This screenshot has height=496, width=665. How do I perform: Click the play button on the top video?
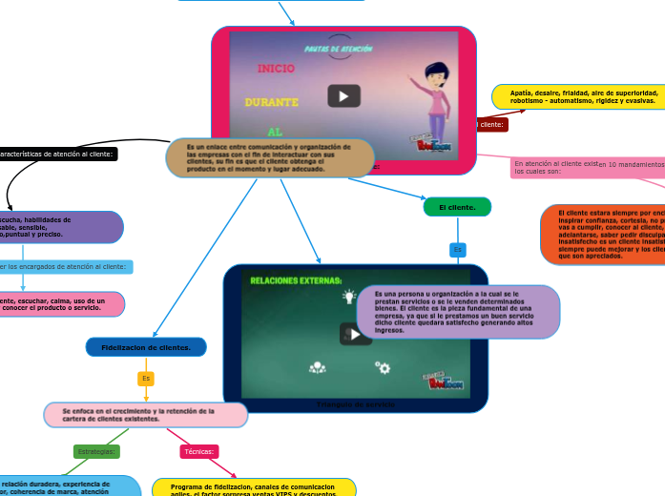click(x=343, y=96)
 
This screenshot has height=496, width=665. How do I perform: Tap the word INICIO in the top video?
click(x=277, y=69)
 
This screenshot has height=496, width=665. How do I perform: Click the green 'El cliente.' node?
click(x=457, y=207)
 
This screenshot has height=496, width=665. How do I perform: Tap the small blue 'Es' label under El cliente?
click(x=457, y=249)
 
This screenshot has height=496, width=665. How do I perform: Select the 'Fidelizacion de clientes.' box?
click(x=146, y=347)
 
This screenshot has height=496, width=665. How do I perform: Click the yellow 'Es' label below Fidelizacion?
click(x=146, y=379)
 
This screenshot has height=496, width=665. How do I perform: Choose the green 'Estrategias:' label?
click(x=96, y=451)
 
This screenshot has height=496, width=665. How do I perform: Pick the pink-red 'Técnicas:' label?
click(x=199, y=451)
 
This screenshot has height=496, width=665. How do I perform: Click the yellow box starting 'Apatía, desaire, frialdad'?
click(x=578, y=96)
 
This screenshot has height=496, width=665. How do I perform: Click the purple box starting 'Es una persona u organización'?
click(x=458, y=312)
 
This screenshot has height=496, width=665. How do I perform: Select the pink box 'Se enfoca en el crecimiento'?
click(x=146, y=415)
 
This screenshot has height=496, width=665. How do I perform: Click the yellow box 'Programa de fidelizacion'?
click(x=254, y=487)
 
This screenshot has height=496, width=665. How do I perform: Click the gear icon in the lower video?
click(x=383, y=367)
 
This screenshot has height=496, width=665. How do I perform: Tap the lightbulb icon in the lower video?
click(x=349, y=296)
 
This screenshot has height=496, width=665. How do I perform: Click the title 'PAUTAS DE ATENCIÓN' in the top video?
click(x=338, y=49)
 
